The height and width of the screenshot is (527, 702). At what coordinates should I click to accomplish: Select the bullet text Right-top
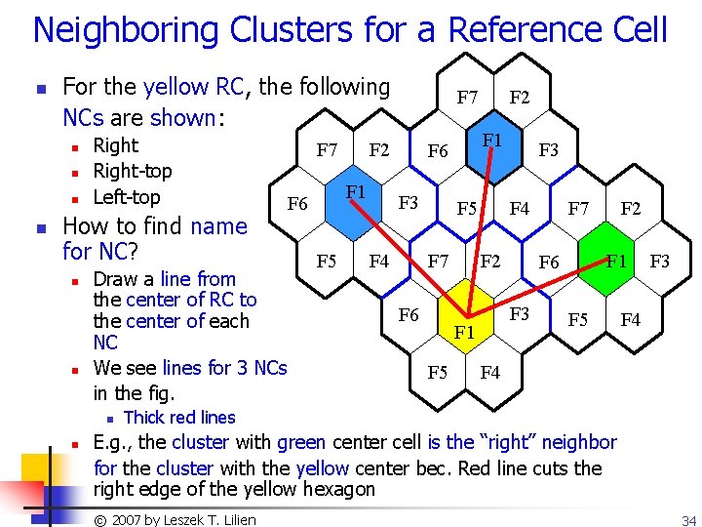tap(132, 171)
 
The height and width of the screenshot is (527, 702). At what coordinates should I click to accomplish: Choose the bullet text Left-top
tap(126, 196)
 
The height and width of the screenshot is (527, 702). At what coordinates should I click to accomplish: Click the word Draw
tap(114, 279)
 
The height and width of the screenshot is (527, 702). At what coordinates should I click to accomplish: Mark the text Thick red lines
tap(179, 417)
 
